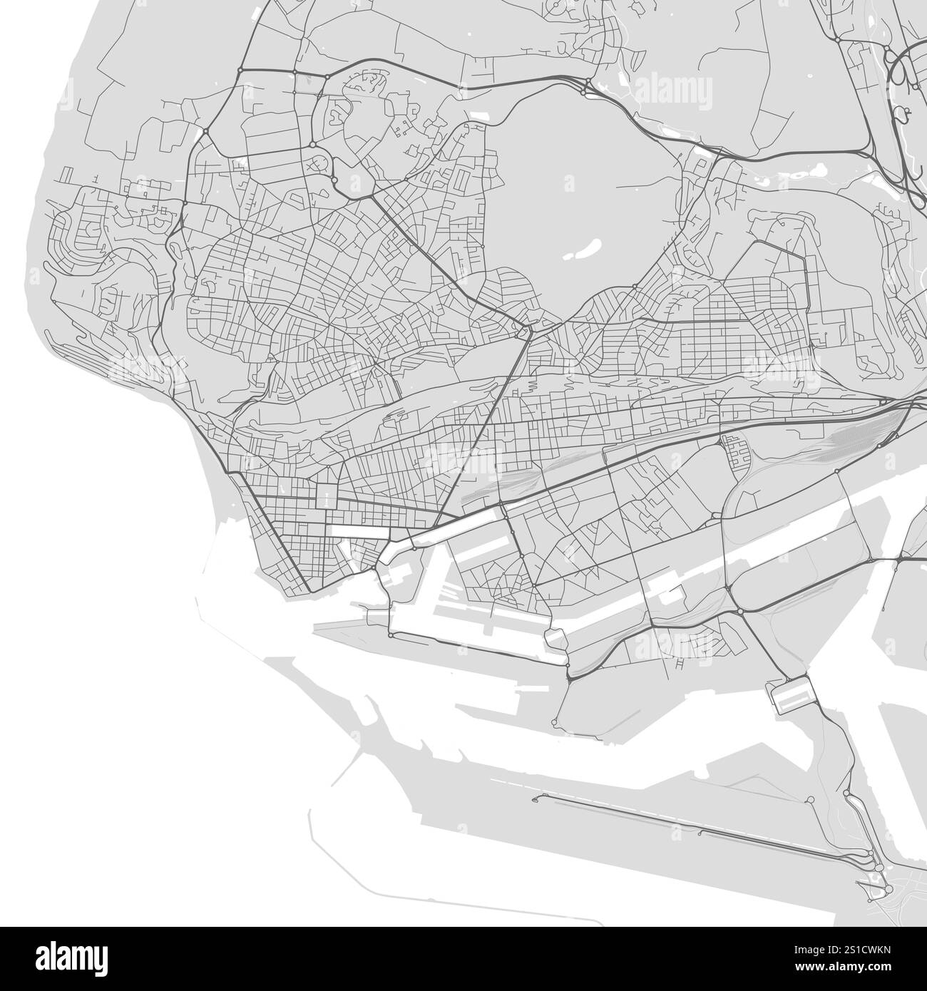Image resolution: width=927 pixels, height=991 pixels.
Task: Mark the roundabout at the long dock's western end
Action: (x=391, y=635)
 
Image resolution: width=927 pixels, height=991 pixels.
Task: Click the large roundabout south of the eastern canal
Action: (x=740, y=611)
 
